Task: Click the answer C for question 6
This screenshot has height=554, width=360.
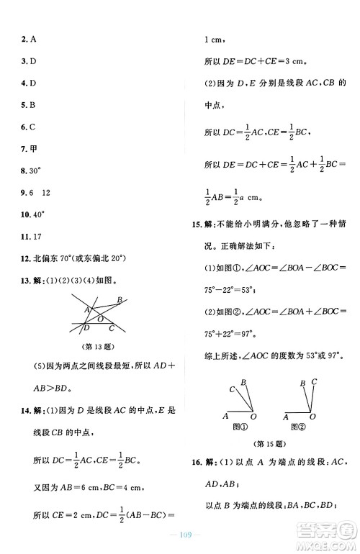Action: click(34, 127)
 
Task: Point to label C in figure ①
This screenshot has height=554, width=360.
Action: click(232, 389)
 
